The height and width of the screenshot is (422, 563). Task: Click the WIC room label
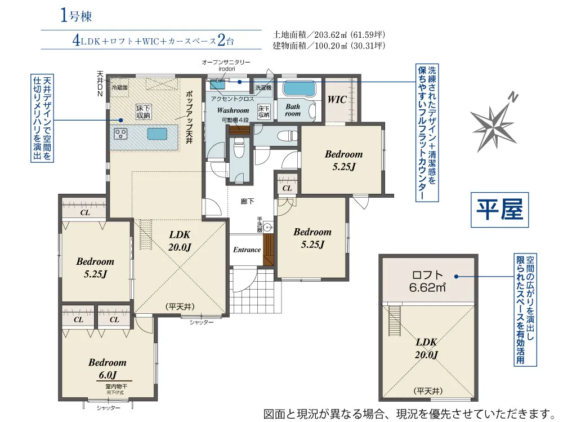[x=337, y=99]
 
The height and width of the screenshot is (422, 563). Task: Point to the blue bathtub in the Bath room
[x=299, y=89]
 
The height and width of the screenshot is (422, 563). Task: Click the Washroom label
[x=233, y=110]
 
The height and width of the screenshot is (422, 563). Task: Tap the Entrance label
[x=247, y=250]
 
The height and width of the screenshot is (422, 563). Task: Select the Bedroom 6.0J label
[x=107, y=368]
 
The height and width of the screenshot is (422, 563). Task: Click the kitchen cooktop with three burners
[x=122, y=134]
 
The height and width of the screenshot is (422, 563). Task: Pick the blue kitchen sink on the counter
[x=158, y=134]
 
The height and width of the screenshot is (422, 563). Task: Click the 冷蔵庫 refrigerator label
[x=120, y=88]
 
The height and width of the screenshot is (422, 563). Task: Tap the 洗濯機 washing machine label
[x=263, y=88]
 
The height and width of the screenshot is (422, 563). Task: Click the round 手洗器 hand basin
[x=268, y=228]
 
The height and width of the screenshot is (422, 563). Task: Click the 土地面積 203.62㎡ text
[x=329, y=34]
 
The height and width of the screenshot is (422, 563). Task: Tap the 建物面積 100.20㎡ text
[x=329, y=46]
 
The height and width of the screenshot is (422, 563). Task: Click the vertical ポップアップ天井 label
[x=189, y=118]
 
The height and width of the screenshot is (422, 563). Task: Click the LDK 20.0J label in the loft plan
[x=426, y=348]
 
